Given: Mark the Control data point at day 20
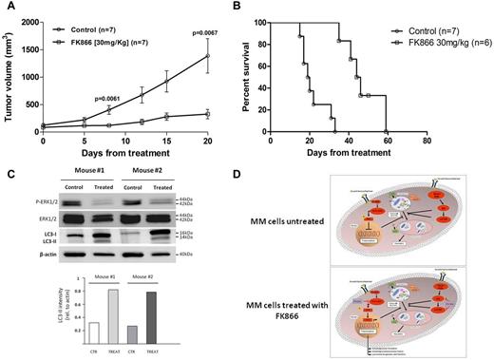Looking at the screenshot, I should pyautogui.click(x=207, y=56).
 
